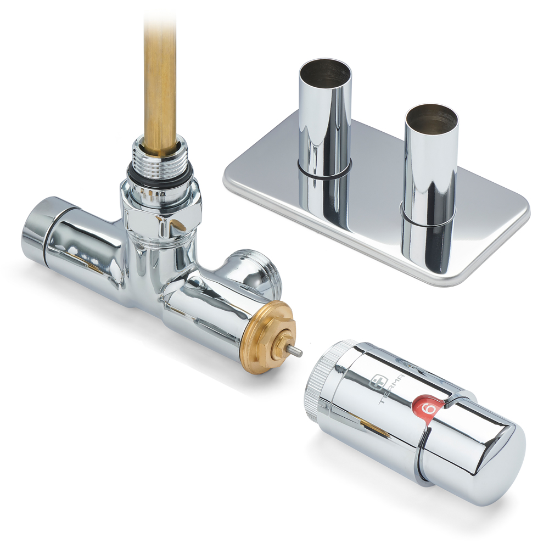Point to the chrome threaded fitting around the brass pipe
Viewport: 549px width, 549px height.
tap(160, 155)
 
